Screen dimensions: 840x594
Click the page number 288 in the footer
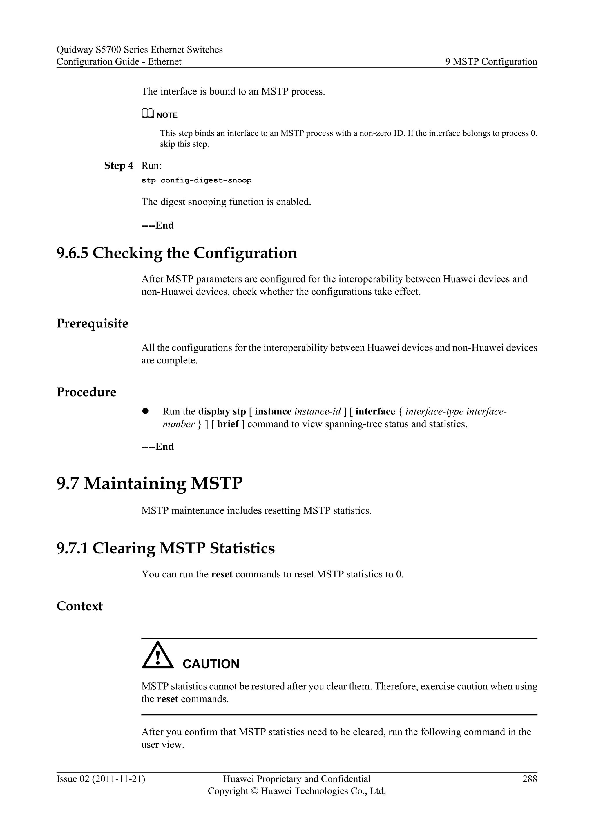click(x=529, y=779)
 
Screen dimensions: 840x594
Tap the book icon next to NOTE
click(x=147, y=115)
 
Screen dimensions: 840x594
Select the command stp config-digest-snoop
click(x=196, y=180)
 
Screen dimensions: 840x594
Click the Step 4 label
click(x=119, y=166)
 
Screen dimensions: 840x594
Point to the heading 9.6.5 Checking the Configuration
click(x=177, y=253)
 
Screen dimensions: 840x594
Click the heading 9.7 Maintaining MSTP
click(x=149, y=483)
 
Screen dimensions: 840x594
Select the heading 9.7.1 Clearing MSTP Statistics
click(x=165, y=548)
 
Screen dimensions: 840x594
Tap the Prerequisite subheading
click(x=92, y=323)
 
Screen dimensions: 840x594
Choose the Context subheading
click(x=79, y=606)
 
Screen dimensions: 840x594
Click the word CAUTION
click(x=211, y=664)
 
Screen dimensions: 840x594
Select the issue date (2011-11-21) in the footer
click(x=119, y=779)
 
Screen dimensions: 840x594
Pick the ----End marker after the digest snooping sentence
click(x=158, y=225)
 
